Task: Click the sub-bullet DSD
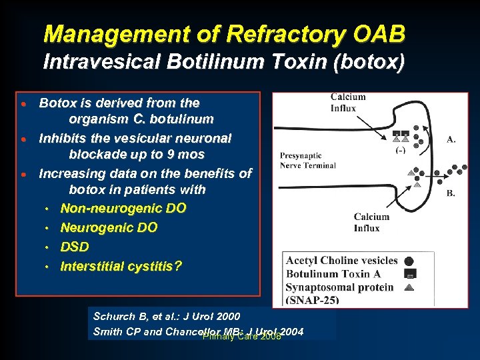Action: tap(75, 247)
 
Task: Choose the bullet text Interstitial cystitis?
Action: tap(121, 266)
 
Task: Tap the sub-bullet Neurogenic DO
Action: tap(109, 227)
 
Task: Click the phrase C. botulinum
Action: tap(171, 120)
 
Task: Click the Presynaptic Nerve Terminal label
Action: tap(307, 160)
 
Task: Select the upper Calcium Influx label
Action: tap(348, 103)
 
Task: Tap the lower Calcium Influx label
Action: tap(371, 222)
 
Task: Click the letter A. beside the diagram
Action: tap(451, 139)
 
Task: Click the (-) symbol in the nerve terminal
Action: tap(401, 150)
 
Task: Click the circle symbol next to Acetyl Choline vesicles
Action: tap(409, 261)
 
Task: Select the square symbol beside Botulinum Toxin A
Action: tap(409, 274)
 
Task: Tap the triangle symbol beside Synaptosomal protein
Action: tap(409, 287)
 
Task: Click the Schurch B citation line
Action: tap(167, 316)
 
